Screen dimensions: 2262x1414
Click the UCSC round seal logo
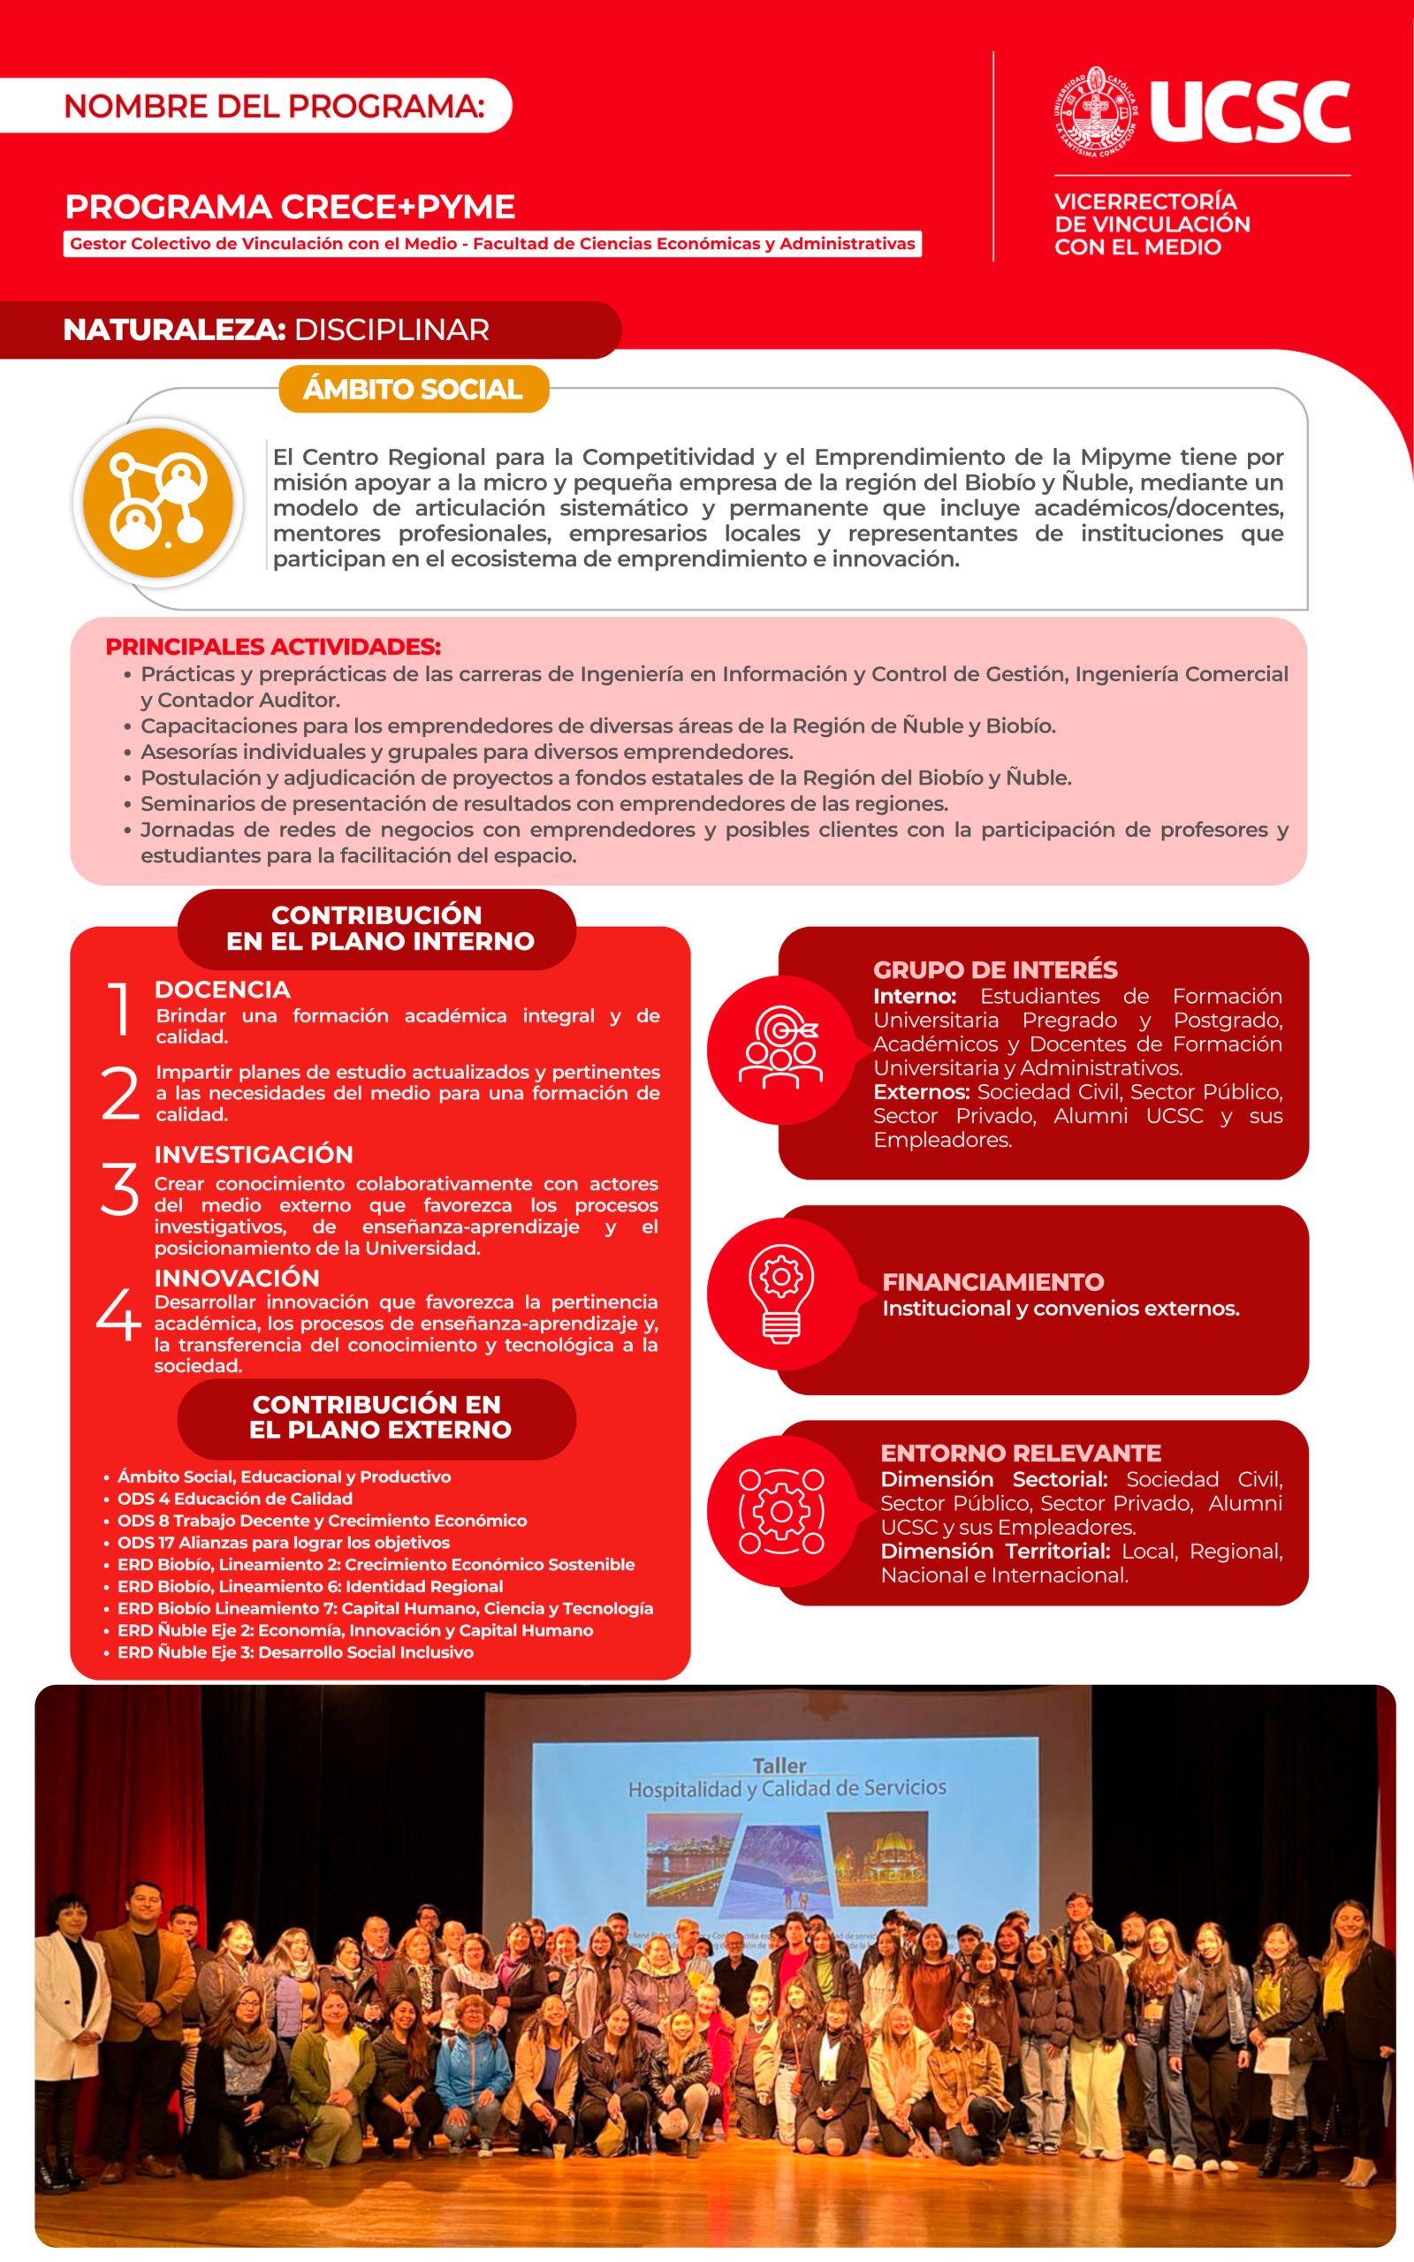[1095, 112]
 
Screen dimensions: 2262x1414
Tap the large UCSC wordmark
[1250, 112]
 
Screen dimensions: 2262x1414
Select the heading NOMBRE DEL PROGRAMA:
[274, 106]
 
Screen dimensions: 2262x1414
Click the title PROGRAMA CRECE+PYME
[290, 207]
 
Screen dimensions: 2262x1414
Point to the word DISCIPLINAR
[391, 330]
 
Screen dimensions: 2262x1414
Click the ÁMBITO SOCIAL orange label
[413, 389]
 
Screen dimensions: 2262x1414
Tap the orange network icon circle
[157, 502]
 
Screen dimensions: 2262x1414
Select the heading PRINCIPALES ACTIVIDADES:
[273, 647]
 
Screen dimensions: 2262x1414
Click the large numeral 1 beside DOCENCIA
[118, 1008]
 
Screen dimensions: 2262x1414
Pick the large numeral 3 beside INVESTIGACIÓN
[118, 1190]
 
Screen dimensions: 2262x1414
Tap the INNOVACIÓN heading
[237, 1278]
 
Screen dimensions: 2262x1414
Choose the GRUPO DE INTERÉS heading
[995, 969]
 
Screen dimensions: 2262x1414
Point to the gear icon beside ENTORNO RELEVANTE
[781, 1512]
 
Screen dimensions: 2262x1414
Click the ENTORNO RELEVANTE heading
[1020, 1453]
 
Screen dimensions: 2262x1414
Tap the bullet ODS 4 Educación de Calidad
[235, 1499]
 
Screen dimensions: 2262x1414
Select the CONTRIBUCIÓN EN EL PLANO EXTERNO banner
[376, 1417]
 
